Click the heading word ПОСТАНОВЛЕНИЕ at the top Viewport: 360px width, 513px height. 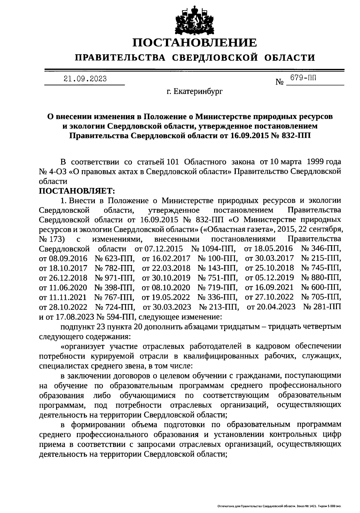pyautogui.click(x=195, y=43)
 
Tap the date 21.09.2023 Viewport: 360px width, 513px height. pyautogui.click(x=85, y=79)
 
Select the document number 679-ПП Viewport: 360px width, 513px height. pyautogui.click(x=303, y=78)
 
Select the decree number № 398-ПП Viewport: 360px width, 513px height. pyautogui.click(x=114, y=288)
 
